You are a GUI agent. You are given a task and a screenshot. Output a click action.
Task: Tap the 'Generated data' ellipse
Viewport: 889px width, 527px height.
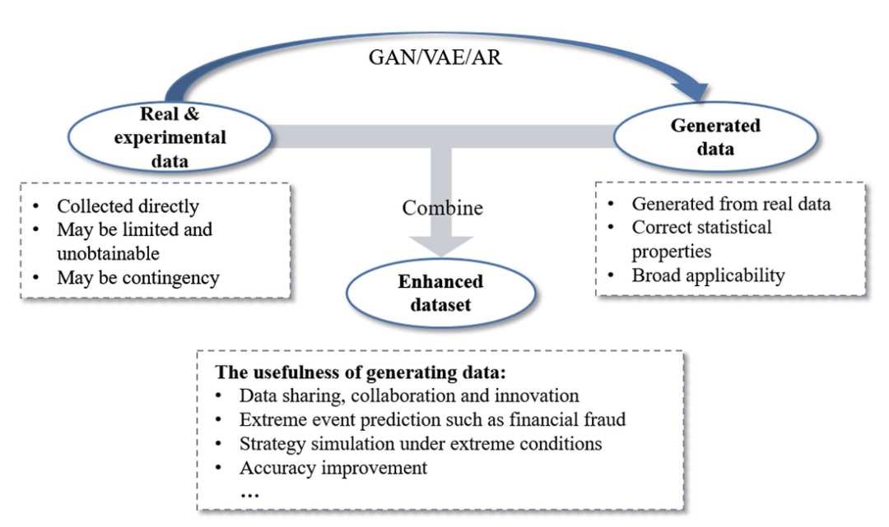[714, 137]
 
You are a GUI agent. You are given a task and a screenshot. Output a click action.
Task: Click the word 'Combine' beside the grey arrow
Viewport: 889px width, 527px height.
[442, 208]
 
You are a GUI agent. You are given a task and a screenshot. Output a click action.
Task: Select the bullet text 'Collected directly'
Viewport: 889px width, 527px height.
[128, 206]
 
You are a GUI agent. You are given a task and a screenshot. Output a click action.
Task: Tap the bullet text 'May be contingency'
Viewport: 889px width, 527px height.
[137, 277]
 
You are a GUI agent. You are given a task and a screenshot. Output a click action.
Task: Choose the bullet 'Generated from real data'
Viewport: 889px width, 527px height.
[731, 204]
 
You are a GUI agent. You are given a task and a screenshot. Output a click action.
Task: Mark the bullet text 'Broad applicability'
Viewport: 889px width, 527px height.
[708, 275]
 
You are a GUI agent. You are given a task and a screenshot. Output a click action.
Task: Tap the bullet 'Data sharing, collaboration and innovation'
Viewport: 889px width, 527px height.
[409, 395]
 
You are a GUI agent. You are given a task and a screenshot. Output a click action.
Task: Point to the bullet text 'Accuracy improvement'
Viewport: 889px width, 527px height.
[333, 468]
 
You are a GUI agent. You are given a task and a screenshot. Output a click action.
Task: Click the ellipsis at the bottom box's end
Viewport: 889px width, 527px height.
[249, 492]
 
